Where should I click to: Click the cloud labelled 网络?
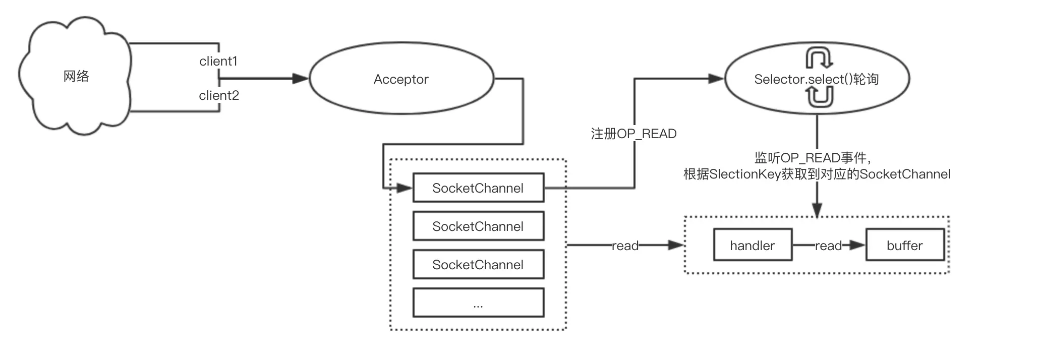76,77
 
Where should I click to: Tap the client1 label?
218,62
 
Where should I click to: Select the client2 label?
219,96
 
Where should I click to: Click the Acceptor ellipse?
401,79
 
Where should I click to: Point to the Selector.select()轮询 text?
816,79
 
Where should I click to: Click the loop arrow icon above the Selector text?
819,58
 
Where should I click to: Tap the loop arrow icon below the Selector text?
820,97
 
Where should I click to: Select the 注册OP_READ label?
633,134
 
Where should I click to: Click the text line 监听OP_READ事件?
813,158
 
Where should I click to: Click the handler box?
752,246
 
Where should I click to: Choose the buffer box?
904,246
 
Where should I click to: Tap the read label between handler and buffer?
828,246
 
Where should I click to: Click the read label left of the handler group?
625,246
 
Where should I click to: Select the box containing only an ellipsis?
478,303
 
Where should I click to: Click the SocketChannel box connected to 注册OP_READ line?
478,188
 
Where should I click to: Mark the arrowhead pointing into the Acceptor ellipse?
301,79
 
